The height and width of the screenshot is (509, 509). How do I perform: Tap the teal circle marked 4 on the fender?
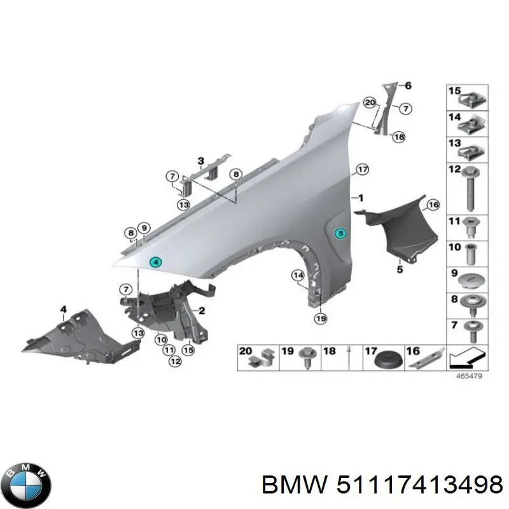coord(156,262)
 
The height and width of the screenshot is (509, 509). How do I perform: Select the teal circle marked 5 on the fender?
coord(340,234)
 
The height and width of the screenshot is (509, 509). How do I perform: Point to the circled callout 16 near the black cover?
coord(433,205)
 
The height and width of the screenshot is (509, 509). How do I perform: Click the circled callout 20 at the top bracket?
coord(370,102)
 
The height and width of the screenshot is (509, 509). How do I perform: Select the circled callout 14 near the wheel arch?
coord(298,275)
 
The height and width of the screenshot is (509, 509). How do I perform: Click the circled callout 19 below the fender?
coord(320,318)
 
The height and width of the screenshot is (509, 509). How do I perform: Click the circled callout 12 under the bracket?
coord(174,361)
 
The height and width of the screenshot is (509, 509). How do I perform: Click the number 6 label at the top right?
coord(408,86)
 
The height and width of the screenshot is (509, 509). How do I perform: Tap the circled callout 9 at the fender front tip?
coord(144,229)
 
